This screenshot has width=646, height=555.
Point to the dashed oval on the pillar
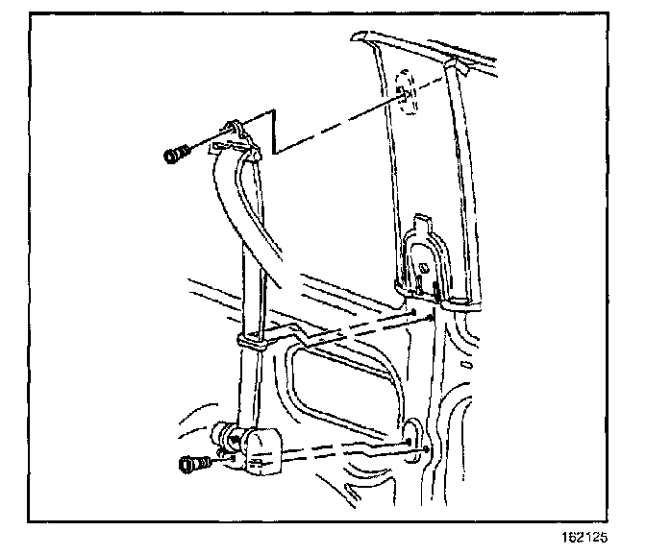click(x=407, y=97)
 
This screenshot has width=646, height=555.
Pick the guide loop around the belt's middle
click(x=251, y=341)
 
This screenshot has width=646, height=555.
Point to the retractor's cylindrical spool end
click(x=230, y=435)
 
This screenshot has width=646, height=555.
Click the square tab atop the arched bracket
click(x=421, y=223)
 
